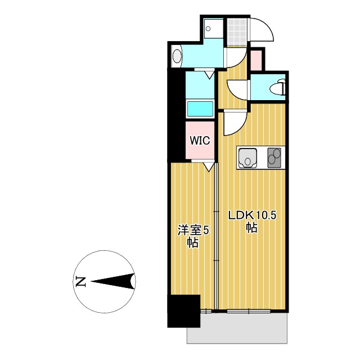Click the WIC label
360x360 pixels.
click(199, 140)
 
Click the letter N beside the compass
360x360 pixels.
click(80, 281)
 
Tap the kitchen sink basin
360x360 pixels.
click(247, 157)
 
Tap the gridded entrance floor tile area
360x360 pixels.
click(237, 31)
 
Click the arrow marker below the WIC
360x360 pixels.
click(209, 166)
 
